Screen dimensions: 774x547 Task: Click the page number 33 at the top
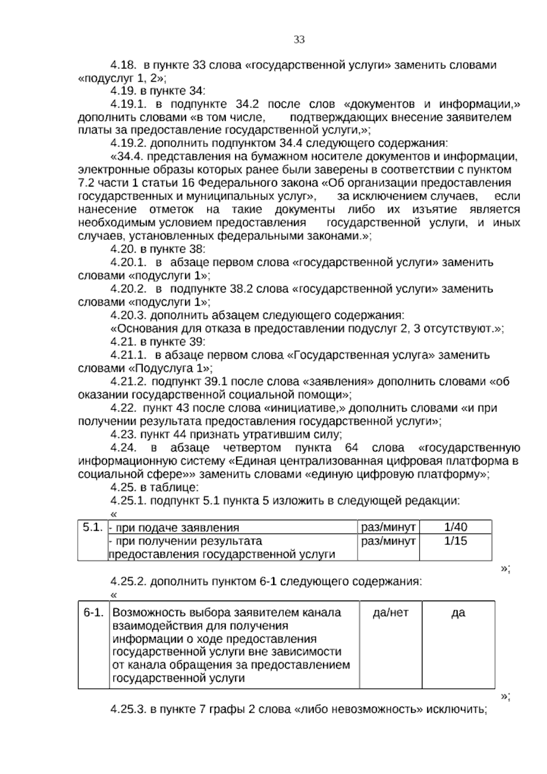click(x=299, y=40)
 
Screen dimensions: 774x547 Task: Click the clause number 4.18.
click(x=124, y=65)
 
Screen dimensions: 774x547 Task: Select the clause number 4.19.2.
click(x=129, y=143)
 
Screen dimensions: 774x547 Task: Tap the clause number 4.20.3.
click(x=129, y=315)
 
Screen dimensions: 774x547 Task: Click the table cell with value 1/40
click(x=455, y=527)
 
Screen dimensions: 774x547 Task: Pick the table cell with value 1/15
click(x=455, y=541)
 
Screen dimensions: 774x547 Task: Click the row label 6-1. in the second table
click(x=93, y=612)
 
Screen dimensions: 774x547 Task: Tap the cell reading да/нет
click(x=391, y=612)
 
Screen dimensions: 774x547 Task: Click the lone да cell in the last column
click(x=458, y=613)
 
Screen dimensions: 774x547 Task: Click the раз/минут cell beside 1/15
click(x=388, y=541)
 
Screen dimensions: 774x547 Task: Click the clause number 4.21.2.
click(x=129, y=381)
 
